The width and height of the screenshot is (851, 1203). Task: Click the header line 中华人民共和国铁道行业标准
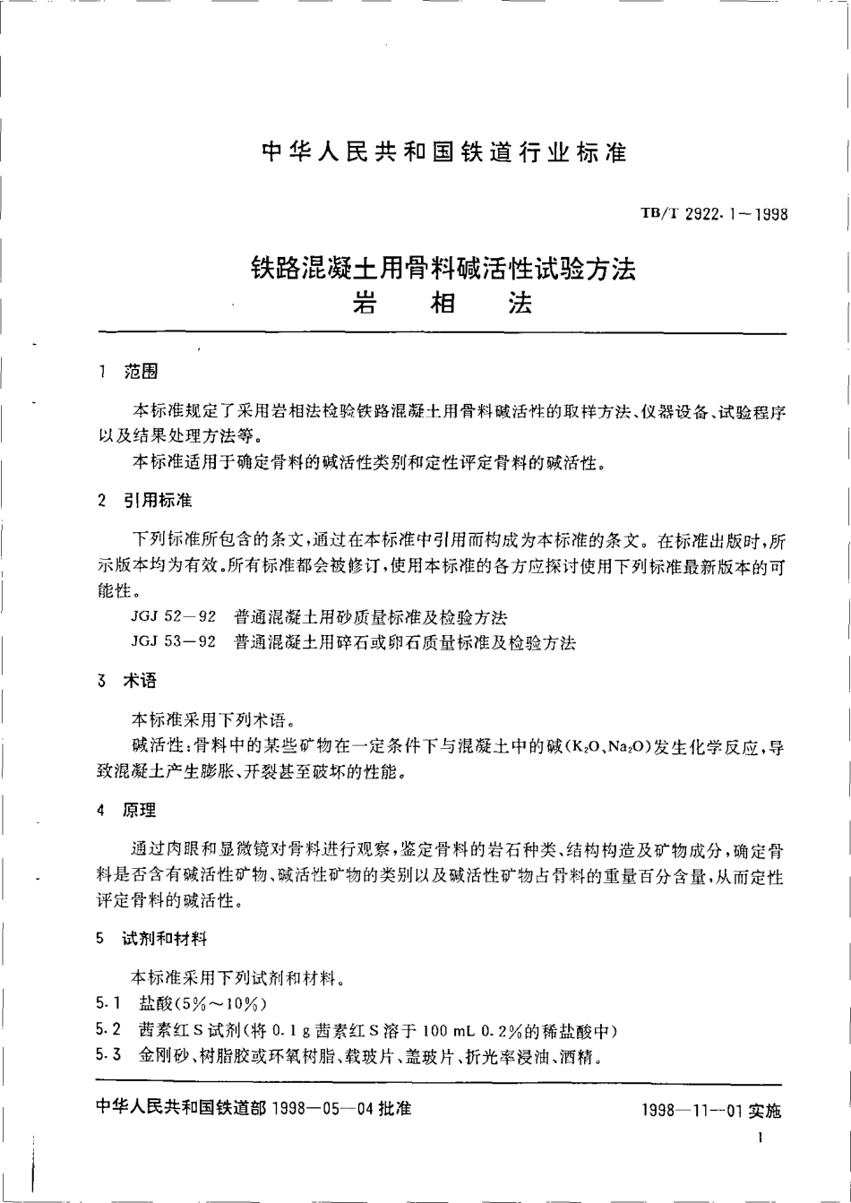(443, 151)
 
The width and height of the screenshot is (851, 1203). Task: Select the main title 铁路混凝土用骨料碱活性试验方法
(443, 267)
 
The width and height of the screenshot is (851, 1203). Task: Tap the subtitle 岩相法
(443, 304)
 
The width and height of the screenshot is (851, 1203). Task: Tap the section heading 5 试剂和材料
(150, 940)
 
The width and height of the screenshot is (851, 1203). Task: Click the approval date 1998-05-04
(323, 1108)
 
